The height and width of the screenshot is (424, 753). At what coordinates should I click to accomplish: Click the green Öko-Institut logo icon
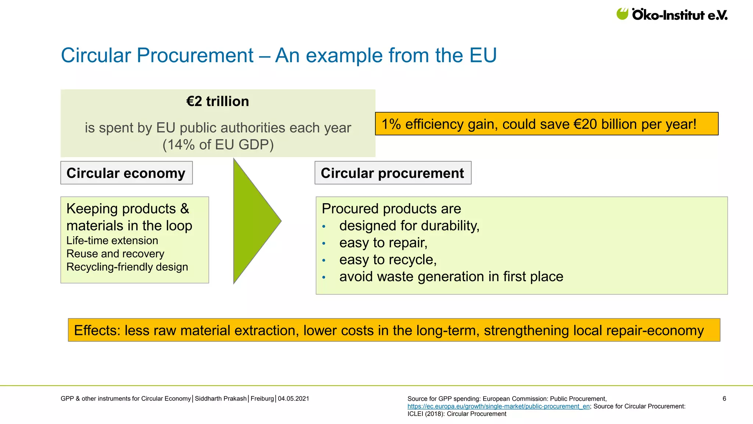pos(622,14)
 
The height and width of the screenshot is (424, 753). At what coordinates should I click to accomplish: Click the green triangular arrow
pos(254,221)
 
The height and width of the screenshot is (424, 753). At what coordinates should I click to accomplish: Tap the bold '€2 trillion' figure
pos(218,101)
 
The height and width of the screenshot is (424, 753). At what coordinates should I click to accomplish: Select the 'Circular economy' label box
pos(126,173)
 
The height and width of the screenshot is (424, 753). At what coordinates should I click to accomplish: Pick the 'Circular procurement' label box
pos(393,173)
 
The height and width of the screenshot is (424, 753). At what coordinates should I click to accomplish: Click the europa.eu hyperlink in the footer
pos(499,406)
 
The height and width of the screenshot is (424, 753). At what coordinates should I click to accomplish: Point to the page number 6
pos(724,399)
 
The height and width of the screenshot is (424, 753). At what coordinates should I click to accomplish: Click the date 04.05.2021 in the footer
pos(293,399)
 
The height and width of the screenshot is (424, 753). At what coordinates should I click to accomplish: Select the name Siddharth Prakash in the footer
pos(221,399)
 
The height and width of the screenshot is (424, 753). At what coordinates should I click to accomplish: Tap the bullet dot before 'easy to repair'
pos(324,243)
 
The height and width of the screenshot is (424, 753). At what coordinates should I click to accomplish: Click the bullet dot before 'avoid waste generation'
pos(324,277)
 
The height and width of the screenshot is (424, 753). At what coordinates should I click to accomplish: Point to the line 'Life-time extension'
pos(112,240)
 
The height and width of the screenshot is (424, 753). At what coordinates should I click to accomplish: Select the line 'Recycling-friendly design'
pos(127,267)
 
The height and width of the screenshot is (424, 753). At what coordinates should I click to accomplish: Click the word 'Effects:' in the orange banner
pos(97,331)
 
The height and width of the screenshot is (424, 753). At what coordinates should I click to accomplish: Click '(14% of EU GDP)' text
pos(218,145)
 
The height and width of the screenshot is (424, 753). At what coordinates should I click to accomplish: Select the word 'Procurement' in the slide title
pos(195,56)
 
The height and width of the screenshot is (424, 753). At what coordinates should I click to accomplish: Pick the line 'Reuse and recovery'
pos(115,254)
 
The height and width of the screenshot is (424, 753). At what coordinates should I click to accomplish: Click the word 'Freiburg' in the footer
pos(262,399)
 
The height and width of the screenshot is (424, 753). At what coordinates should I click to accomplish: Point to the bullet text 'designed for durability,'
pos(409,226)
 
